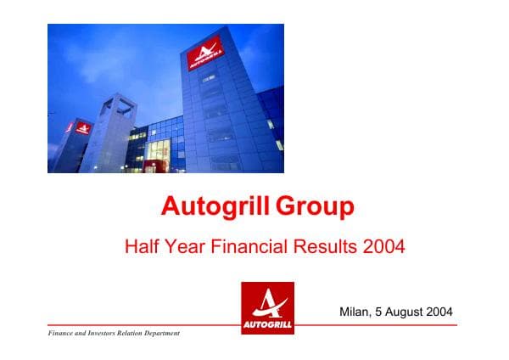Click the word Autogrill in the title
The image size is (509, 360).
pos(211,206)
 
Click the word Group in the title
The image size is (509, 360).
pos(313,206)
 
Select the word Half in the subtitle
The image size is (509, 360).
pos(142,248)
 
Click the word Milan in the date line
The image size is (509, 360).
pos(356,312)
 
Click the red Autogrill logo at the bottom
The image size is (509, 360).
pos(267,307)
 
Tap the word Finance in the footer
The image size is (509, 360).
pos(62,333)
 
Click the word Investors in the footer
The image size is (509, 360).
pos(106,333)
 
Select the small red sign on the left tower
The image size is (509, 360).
pos(83,128)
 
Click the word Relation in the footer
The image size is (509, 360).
pos(134,333)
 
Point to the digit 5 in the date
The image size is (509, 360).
pos(380,312)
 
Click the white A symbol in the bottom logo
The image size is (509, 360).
pos(267,301)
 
